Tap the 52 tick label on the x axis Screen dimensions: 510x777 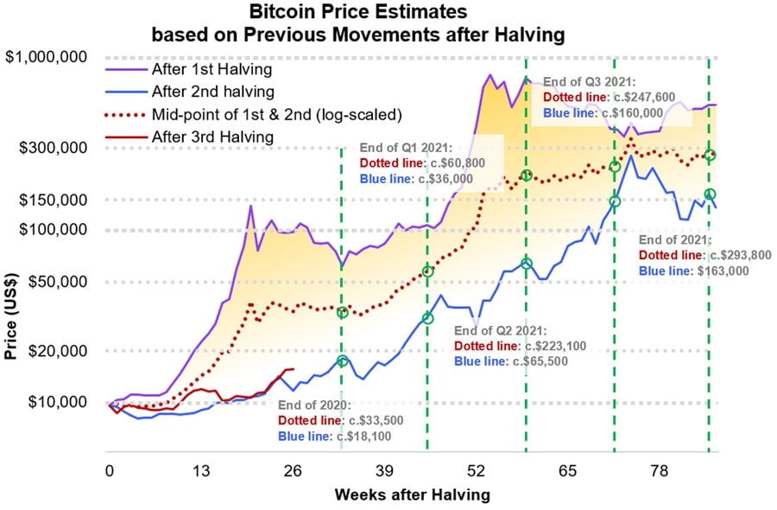[476, 471]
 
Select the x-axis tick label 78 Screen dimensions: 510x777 [659, 471]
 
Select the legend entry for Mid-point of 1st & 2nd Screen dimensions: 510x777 [276, 114]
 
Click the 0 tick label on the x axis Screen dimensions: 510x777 [110, 471]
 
